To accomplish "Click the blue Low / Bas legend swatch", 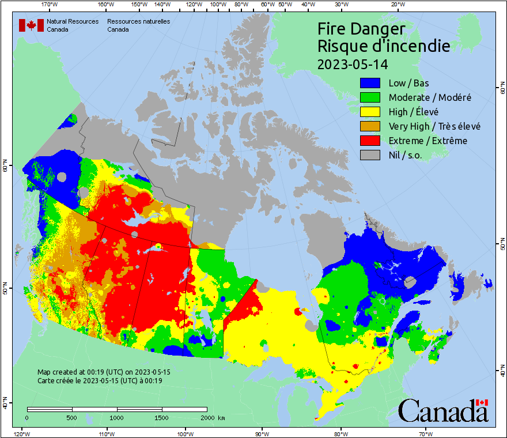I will (370, 84).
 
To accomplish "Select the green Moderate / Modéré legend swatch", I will (370, 97).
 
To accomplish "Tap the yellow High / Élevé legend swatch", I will (370, 112).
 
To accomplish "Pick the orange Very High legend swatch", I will (370, 126).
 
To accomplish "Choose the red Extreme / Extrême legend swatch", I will (370, 141).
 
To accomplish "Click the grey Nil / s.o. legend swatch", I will (370, 155).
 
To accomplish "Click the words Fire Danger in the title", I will (361, 29).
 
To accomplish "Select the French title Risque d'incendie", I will (384, 46).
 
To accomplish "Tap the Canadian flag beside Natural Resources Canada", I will (31, 25).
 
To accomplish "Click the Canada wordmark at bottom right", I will (443, 410).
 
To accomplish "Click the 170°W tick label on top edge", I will (50, 5).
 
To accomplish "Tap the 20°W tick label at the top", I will (396, 5).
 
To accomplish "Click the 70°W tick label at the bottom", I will (426, 433).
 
